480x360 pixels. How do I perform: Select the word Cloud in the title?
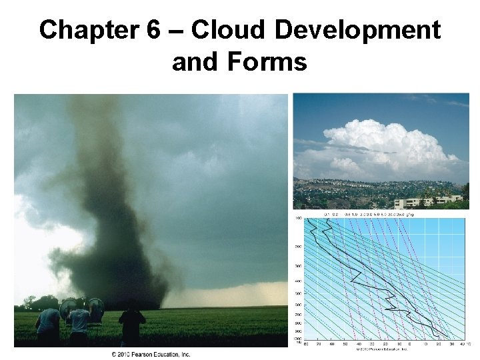[x=219, y=31]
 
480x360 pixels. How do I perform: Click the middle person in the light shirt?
[x=79, y=323]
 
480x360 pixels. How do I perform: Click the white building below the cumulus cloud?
[x=427, y=200]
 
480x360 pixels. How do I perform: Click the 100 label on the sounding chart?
[x=298, y=219]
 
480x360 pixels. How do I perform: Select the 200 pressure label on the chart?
[x=298, y=246]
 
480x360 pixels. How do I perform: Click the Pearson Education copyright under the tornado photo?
[x=151, y=354]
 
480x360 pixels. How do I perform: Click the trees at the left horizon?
[x=30, y=302]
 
